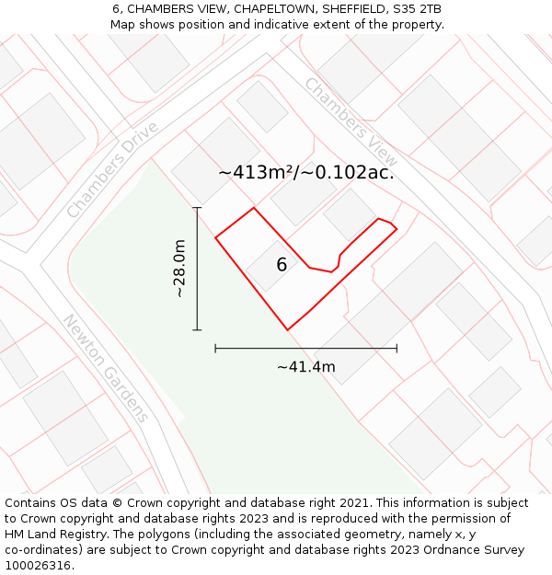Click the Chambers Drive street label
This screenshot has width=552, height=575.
pos(113,169)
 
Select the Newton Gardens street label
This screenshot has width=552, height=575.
pos(105,367)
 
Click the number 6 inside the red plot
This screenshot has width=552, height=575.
pos(282,265)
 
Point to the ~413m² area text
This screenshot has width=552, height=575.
pos(255,172)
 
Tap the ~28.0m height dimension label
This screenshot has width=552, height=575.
pos(179,269)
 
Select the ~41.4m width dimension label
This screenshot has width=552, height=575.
pos(306,367)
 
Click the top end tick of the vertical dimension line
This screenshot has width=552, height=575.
pos(197,208)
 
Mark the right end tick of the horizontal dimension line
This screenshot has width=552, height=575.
pos(397,348)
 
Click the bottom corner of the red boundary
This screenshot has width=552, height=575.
pos(288,329)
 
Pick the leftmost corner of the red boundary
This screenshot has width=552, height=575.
pos(215,238)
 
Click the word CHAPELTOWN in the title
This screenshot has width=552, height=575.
pos(258,9)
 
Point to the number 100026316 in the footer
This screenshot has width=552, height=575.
pos(38,566)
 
